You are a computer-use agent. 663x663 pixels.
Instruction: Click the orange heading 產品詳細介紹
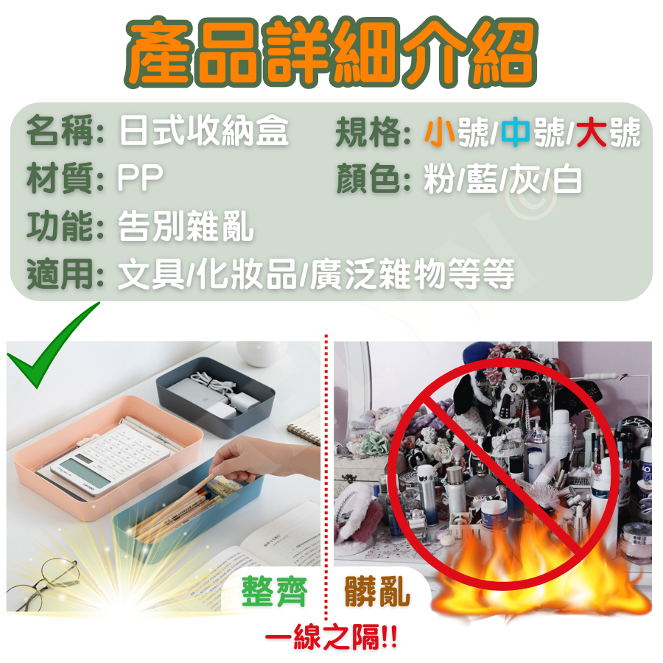(x=331, y=52)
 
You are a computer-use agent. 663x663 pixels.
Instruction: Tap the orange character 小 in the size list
(x=441, y=133)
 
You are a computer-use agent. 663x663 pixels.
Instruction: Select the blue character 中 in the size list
(x=516, y=133)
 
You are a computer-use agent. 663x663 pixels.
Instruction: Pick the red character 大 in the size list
(x=592, y=133)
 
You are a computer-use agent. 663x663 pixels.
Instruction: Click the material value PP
(x=141, y=178)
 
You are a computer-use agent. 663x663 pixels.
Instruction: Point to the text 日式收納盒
(x=203, y=131)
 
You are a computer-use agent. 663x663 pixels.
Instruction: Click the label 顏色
(x=368, y=179)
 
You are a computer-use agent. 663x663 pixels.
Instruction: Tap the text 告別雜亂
(x=186, y=226)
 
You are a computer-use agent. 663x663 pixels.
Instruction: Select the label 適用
(x=59, y=274)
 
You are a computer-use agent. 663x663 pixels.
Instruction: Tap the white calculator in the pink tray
(x=110, y=457)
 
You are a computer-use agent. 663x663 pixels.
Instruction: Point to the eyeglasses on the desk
(x=42, y=584)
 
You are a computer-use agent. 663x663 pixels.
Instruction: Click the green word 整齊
(x=274, y=591)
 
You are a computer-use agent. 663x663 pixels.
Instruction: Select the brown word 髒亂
(x=376, y=591)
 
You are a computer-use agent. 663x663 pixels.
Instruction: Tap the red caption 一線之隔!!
(x=331, y=636)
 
